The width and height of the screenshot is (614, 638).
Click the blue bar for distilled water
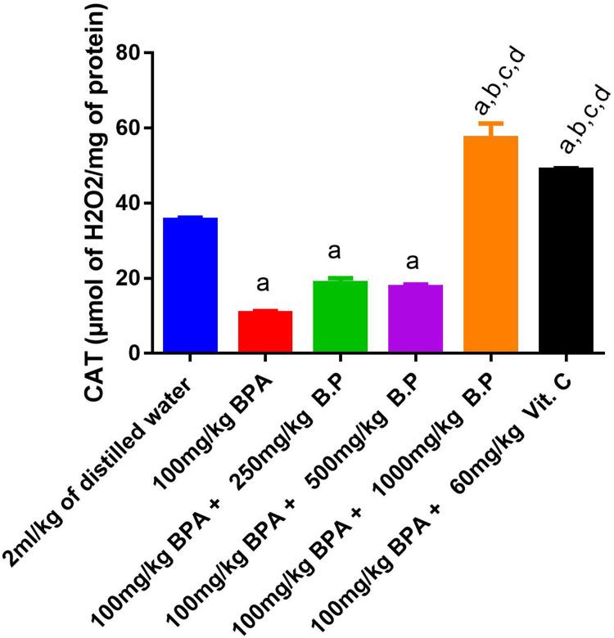[x=190, y=285]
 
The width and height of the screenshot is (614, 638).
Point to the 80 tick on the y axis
[x=131, y=53]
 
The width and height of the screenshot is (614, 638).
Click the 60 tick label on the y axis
[x=131, y=128]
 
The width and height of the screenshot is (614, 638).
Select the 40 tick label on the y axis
[x=131, y=204]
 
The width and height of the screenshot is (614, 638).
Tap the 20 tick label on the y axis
[x=131, y=279]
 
